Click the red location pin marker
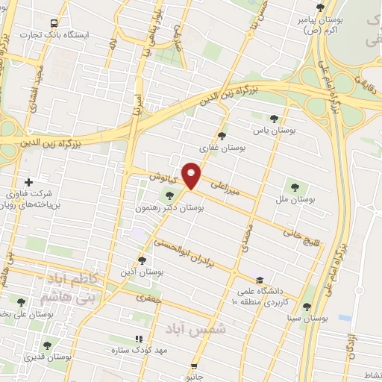coord(192,175)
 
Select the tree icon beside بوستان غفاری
coord(222,135)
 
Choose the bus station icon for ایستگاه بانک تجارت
coord(51,23)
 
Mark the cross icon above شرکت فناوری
coord(28,181)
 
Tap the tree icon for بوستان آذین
coord(142,260)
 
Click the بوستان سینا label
coord(308,318)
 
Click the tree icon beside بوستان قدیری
coord(47,345)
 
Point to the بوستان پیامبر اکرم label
coord(303,25)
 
